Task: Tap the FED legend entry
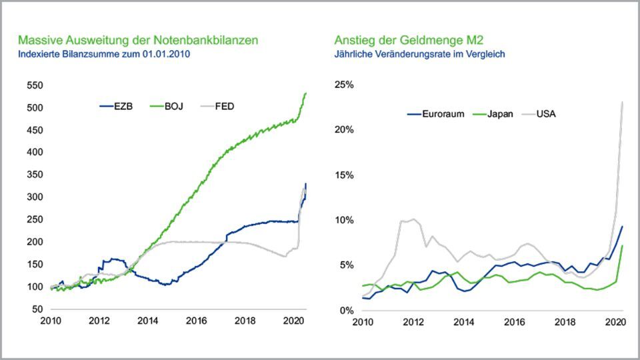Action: pos(223,106)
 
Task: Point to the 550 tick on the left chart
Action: pos(35,86)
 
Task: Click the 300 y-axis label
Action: pos(35,197)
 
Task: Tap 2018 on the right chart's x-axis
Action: pos(564,323)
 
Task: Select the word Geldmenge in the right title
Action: pos(437,41)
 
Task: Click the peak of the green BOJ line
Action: pos(305,93)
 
